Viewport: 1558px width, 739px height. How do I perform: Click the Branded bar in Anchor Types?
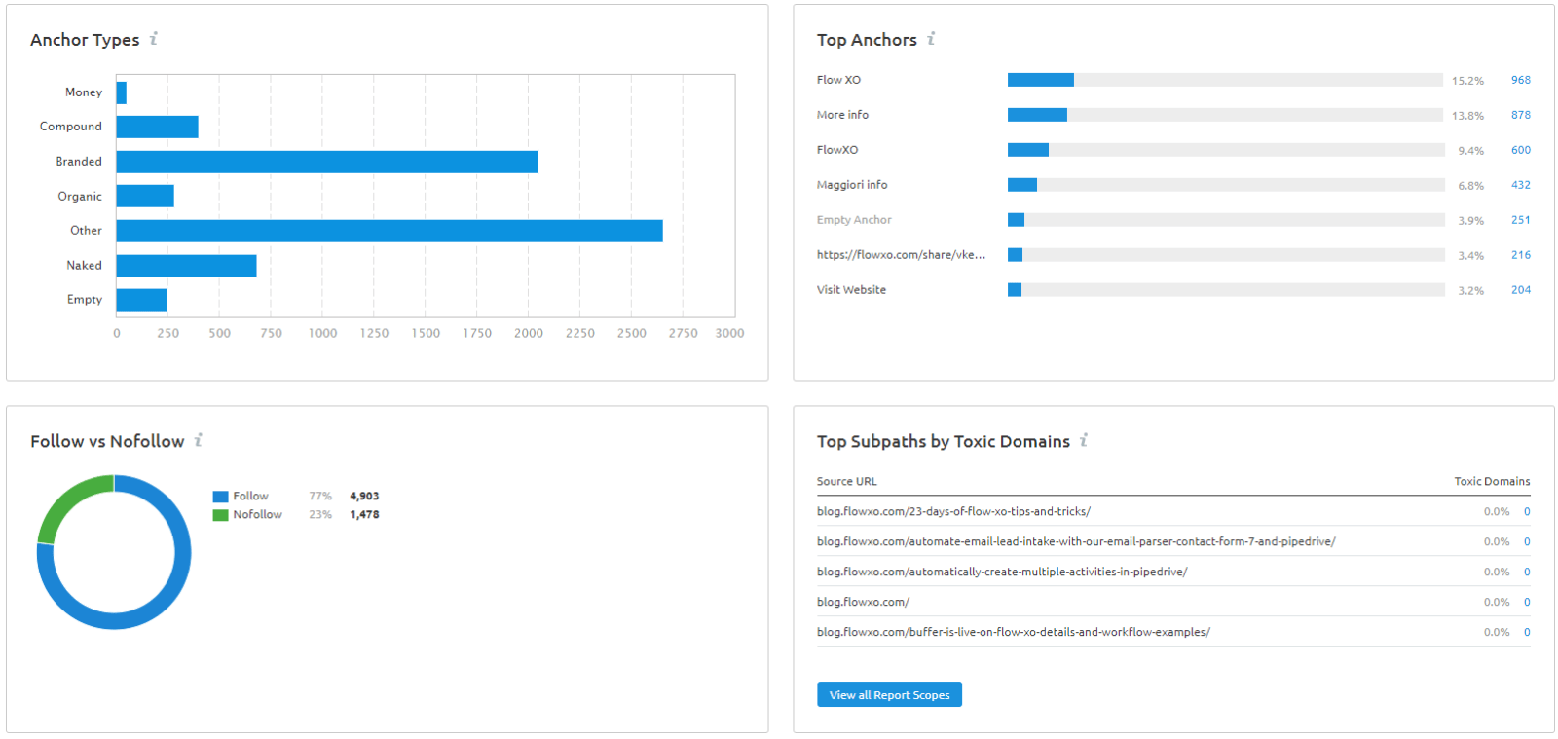327,162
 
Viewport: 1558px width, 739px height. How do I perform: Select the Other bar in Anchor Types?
389,231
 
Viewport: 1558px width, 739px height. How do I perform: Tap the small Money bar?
121,92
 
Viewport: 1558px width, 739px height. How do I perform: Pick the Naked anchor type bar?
186,266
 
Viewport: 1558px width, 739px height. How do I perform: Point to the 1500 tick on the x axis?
426,333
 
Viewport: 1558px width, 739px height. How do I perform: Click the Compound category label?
70,126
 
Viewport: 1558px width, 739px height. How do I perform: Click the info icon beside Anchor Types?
154,38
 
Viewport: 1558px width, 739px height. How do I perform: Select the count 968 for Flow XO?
1520,80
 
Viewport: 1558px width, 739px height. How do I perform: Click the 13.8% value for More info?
1467,116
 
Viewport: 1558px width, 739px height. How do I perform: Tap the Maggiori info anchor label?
852,185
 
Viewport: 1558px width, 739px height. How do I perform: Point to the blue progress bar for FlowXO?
1028,150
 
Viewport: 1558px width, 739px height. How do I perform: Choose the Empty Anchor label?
854,220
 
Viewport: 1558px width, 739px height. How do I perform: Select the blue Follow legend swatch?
220,497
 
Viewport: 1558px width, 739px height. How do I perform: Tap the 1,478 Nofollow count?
364,514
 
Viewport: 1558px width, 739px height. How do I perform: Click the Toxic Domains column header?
1492,481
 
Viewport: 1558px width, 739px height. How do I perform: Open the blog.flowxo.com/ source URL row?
863,602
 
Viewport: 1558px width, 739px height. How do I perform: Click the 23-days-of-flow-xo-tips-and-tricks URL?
953,512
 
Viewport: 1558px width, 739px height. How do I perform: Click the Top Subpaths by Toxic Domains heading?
944,441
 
